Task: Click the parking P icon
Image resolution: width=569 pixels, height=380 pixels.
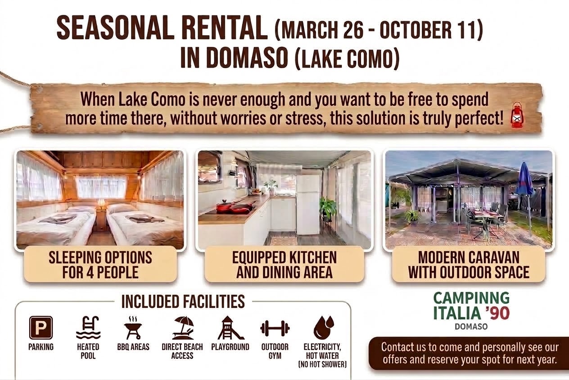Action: click(x=41, y=328)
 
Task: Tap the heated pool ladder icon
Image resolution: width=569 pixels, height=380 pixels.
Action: click(x=88, y=328)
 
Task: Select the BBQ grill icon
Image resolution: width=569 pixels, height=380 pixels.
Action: click(x=133, y=328)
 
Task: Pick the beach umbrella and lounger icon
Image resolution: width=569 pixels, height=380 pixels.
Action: click(x=183, y=328)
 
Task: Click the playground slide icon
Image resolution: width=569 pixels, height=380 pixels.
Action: click(x=230, y=328)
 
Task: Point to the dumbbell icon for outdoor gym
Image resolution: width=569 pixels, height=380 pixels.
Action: click(x=275, y=328)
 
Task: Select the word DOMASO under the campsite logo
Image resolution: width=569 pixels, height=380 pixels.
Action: click(x=471, y=326)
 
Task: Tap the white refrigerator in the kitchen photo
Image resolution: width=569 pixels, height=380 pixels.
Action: click(x=307, y=204)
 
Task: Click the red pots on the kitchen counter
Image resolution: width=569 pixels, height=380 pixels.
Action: click(x=235, y=207)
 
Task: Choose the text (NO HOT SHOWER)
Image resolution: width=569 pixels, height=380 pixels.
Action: click(x=322, y=365)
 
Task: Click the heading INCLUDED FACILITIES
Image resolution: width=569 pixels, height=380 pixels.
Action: click(x=183, y=302)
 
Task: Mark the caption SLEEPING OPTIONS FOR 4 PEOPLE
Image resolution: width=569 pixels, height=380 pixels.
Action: click(x=100, y=265)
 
